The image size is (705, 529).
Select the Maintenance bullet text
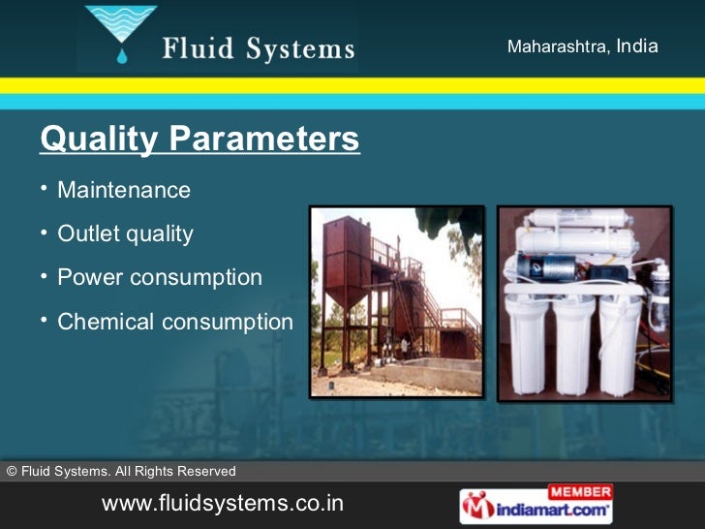click(x=124, y=190)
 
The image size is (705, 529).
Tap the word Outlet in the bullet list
click(x=88, y=234)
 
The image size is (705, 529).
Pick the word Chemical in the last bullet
click(x=103, y=322)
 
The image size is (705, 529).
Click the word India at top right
click(x=636, y=47)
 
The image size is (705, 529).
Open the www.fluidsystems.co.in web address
click(x=223, y=506)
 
